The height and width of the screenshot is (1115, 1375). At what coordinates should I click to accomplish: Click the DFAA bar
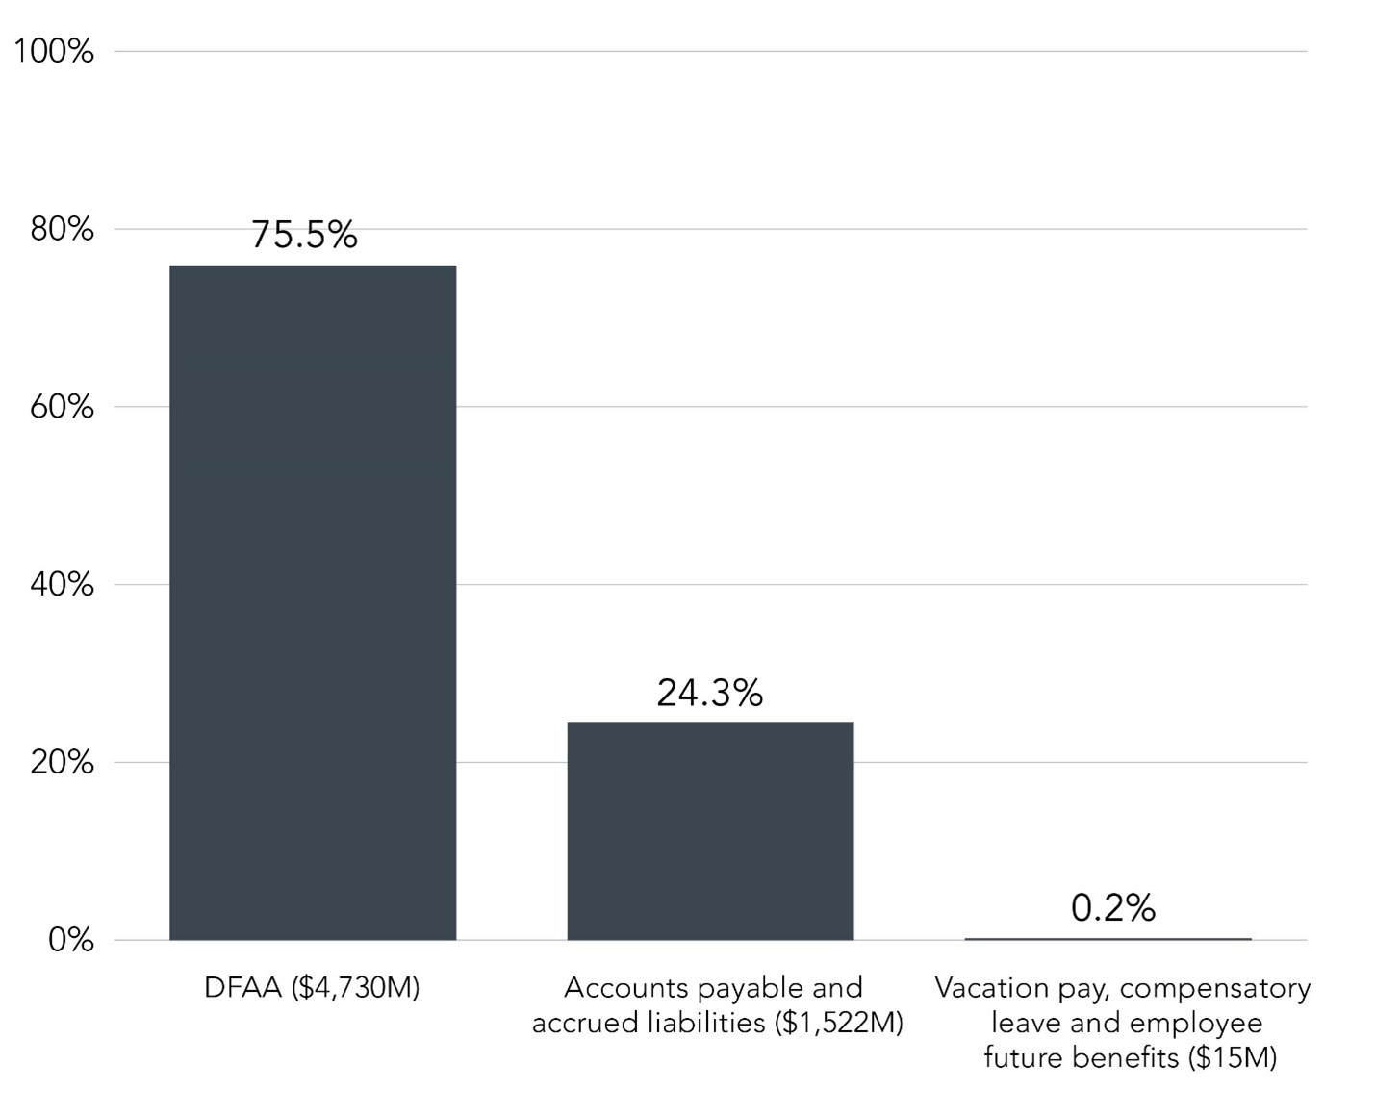click(313, 602)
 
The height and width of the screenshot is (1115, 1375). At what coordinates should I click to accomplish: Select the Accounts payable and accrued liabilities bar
click(710, 831)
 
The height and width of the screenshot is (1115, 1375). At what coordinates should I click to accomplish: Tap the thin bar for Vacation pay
click(1108, 938)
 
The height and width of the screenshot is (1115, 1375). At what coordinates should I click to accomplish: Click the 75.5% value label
click(304, 235)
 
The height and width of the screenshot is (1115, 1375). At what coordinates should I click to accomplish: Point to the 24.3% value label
click(709, 693)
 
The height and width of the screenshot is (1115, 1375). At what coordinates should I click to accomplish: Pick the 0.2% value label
click(1112, 907)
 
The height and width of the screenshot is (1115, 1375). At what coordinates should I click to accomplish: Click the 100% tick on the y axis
click(54, 51)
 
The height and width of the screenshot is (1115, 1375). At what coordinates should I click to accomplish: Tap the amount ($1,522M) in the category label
click(838, 1023)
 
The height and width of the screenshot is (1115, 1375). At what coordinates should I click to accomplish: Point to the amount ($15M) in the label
click(1232, 1057)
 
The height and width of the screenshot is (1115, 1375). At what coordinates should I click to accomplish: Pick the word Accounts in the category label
click(625, 988)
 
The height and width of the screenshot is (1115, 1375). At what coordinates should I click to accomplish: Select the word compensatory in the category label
click(1216, 988)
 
